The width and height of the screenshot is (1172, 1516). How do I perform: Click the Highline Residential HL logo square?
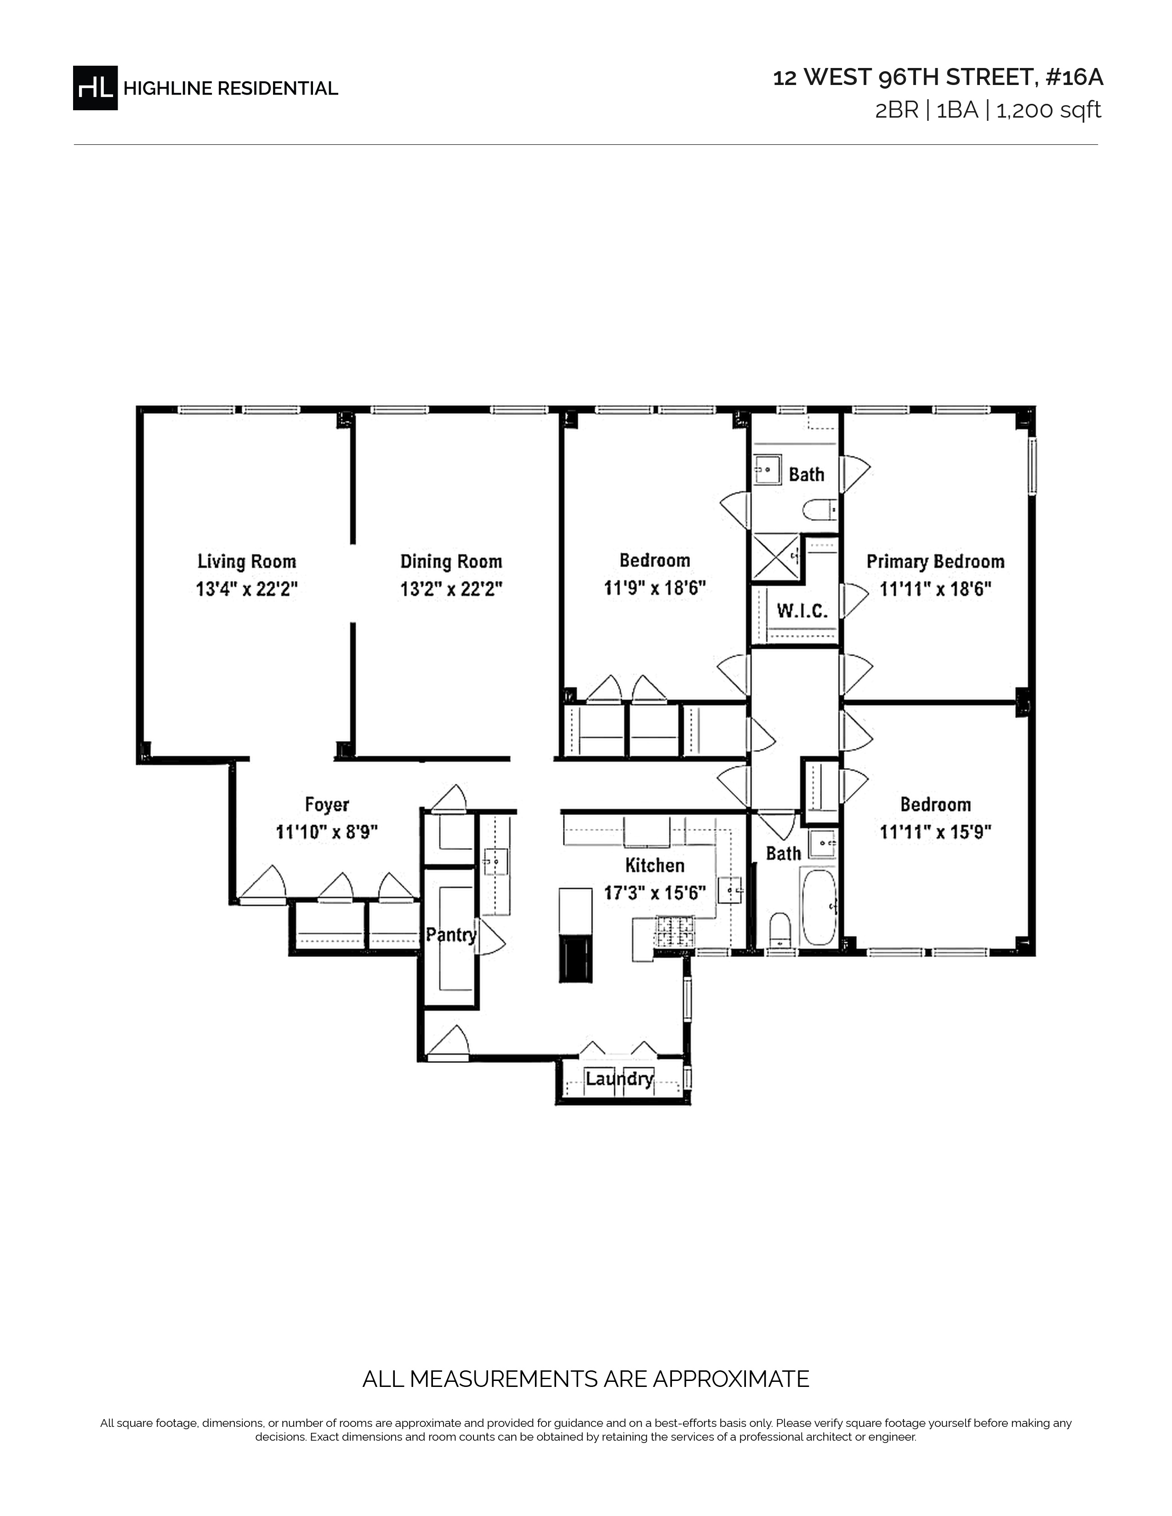[95, 87]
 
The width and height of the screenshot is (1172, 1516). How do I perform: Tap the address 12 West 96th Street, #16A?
[938, 78]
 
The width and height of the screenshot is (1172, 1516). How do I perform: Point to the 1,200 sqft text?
[1048, 110]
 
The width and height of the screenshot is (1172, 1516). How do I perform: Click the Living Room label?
[246, 561]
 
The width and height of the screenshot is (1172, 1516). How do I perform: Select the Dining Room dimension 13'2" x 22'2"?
[451, 589]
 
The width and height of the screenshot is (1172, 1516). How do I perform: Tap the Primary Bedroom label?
[935, 561]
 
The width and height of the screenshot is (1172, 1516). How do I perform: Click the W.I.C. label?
[802, 611]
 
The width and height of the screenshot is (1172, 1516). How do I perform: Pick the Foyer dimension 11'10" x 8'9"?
[326, 832]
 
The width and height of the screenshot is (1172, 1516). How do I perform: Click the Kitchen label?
[655, 865]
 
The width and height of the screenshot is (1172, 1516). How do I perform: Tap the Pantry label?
[451, 934]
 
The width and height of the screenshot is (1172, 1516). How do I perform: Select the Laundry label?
[620, 1079]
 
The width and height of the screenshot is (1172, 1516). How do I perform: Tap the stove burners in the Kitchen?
[675, 932]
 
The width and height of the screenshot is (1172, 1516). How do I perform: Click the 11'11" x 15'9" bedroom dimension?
[935, 832]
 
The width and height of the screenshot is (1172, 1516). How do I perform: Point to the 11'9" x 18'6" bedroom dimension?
[655, 588]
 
